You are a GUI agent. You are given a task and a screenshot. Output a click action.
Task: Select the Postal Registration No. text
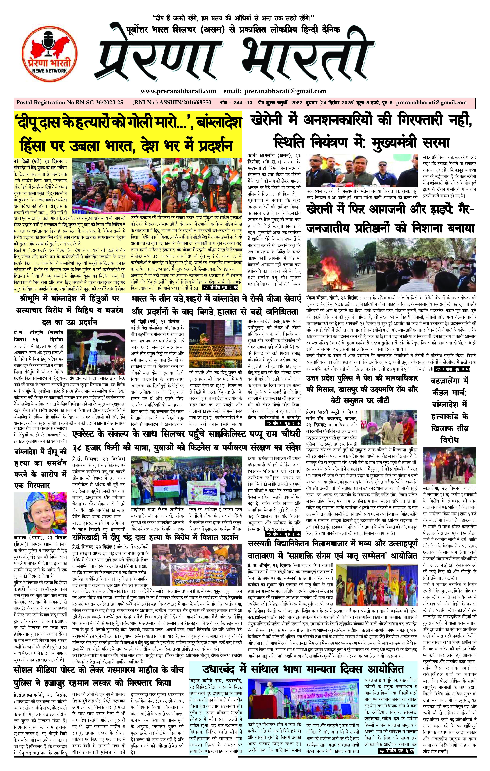tap(69, 103)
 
